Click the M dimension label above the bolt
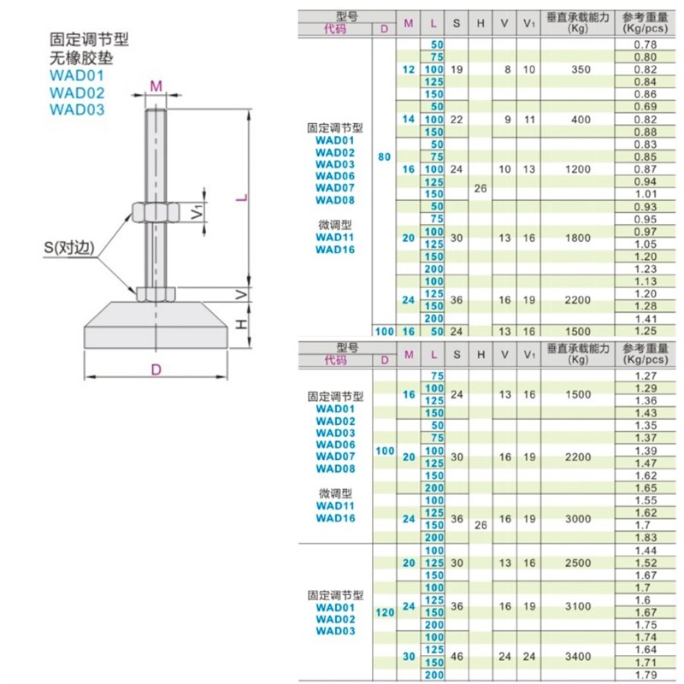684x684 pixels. tap(156, 85)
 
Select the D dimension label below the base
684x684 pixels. tap(156, 370)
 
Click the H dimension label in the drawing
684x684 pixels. tap(242, 325)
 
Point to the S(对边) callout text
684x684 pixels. tap(69, 250)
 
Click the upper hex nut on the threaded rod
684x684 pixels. tap(155, 210)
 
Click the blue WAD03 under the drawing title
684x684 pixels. tap(77, 109)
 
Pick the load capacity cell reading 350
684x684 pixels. tap(581, 68)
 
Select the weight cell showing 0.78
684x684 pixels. tap(646, 44)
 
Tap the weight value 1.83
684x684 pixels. tap(646, 537)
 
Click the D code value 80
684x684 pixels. tap(384, 157)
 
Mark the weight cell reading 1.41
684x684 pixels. tap(646, 318)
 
